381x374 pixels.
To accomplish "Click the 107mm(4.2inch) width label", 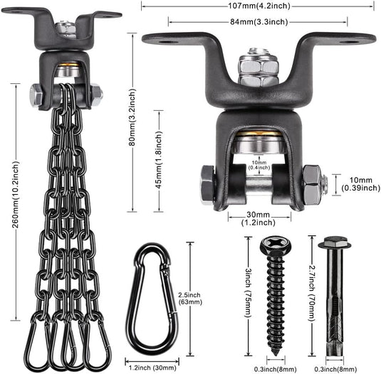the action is pyautogui.click(x=259, y=6).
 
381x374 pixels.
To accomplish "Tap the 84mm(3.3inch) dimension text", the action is pyautogui.click(x=259, y=22).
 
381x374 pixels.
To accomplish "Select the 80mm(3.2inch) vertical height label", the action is pyautogui.click(x=132, y=117).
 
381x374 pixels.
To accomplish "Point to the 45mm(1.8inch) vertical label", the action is pyautogui.click(x=159, y=160).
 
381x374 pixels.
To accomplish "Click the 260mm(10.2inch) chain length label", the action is pyautogui.click(x=16, y=195).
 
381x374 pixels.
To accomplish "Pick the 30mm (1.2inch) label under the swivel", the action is pyautogui.click(x=258, y=218).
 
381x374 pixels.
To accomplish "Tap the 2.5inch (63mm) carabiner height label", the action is pyautogui.click(x=190, y=299).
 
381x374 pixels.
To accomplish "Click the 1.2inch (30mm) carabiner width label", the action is pyautogui.click(x=152, y=368).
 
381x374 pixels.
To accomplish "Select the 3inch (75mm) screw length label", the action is pyautogui.click(x=247, y=292).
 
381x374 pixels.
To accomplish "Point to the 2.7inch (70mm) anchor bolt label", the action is pyautogui.click(x=312, y=293).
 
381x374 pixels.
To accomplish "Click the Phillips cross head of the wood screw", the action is pyautogui.click(x=276, y=245).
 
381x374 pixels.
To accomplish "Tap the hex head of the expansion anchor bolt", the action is pyautogui.click(x=335, y=242).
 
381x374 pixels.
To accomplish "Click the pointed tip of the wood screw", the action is pyautogui.click(x=276, y=355).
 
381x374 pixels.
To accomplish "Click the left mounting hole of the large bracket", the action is pyautogui.click(x=165, y=42).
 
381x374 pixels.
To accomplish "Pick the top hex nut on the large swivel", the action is pyautogui.click(x=259, y=65).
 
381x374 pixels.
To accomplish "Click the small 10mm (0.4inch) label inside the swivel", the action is pyautogui.click(x=259, y=165).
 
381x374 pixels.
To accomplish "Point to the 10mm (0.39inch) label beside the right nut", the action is pyautogui.click(x=360, y=184).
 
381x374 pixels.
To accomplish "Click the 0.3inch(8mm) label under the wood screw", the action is pyautogui.click(x=276, y=370).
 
